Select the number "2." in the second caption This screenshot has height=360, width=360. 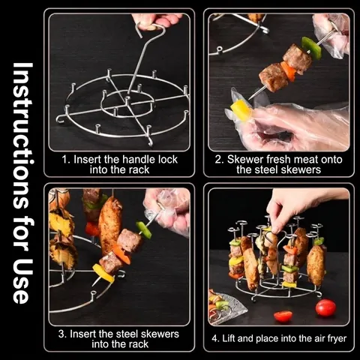tap(220, 159)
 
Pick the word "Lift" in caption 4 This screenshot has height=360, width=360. tap(229, 338)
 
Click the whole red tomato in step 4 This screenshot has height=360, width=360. tap(325, 307)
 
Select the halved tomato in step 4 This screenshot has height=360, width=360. tap(283, 316)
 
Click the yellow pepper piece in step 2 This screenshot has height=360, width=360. tap(240, 109)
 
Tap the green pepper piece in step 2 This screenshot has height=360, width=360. tap(311, 48)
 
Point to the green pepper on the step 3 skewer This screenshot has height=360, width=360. tap(144, 229)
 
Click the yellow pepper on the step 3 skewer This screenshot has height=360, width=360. tap(103, 273)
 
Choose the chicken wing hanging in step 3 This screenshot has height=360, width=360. tap(109, 225)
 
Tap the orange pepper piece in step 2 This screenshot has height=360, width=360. tap(288, 71)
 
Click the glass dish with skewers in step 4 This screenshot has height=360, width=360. tap(226, 307)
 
